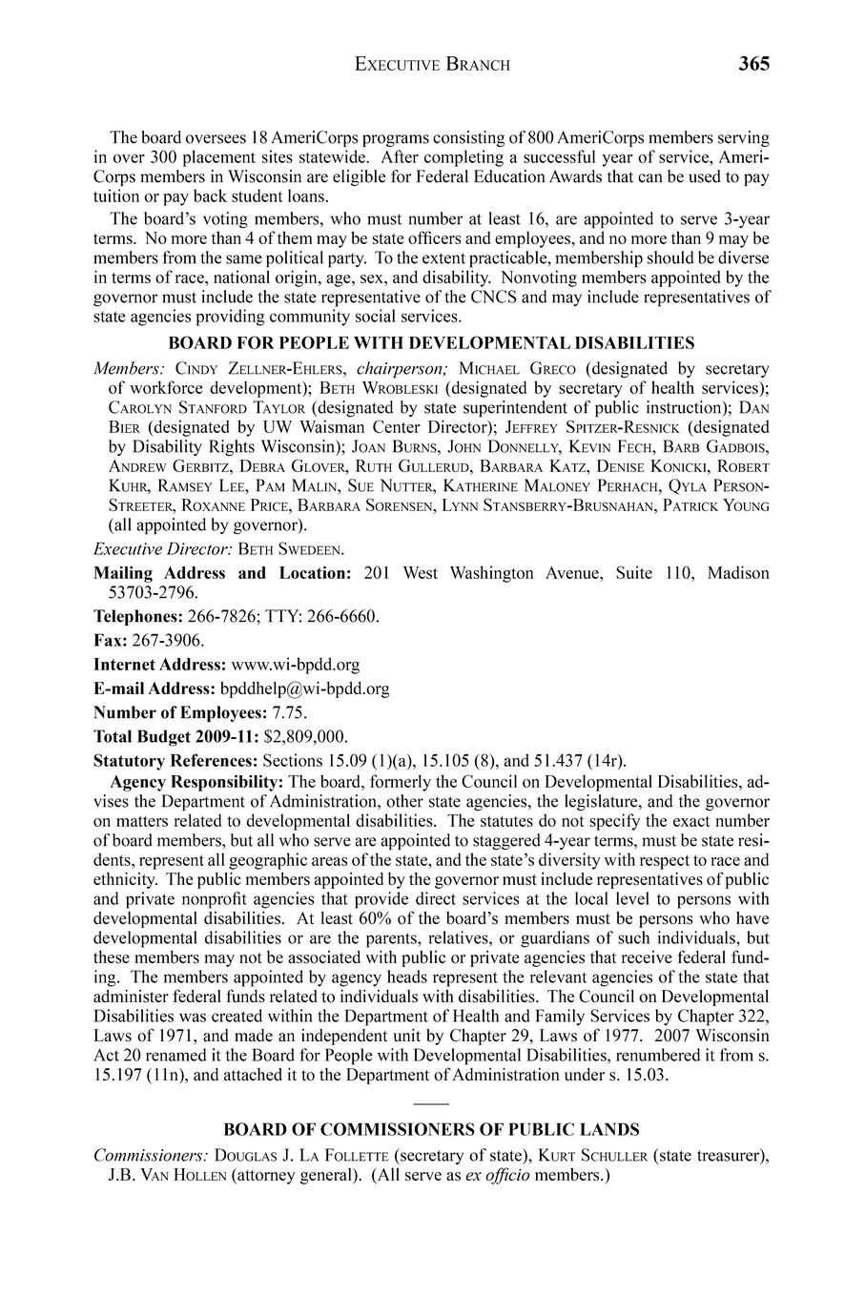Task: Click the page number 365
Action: pyautogui.click(x=752, y=64)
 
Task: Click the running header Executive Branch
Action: pyautogui.click(x=432, y=65)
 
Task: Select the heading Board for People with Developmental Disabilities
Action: pyautogui.click(x=431, y=342)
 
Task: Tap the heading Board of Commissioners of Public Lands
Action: pyautogui.click(x=431, y=1129)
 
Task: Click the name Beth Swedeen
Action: pyautogui.click(x=291, y=549)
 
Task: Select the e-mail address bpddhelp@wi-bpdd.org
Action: pyautogui.click(x=304, y=688)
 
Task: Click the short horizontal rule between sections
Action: pyautogui.click(x=431, y=1102)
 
